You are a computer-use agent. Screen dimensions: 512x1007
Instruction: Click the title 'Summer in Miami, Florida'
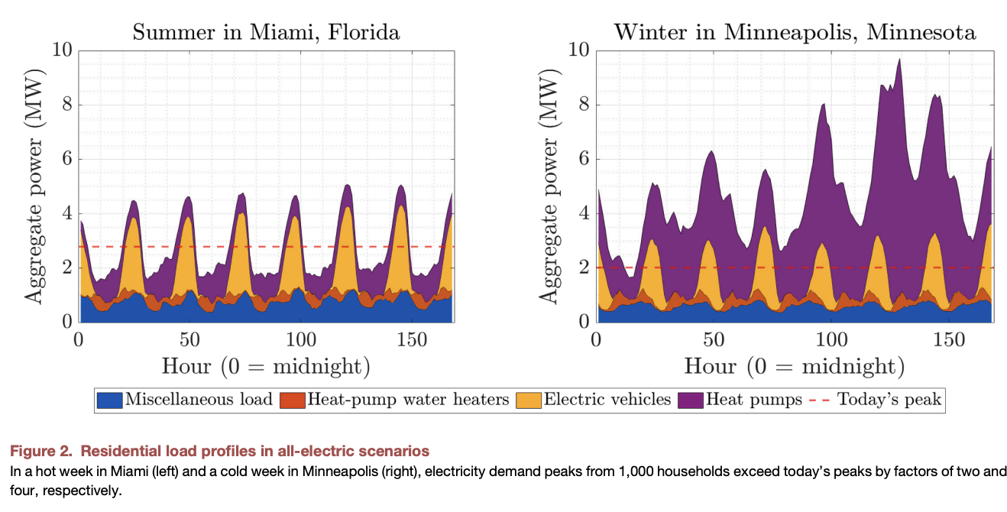(266, 32)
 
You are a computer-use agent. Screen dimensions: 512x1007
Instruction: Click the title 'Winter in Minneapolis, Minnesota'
(795, 32)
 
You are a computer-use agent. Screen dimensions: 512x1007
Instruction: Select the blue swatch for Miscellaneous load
(109, 400)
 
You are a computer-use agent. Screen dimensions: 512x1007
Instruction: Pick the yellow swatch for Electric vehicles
(528, 400)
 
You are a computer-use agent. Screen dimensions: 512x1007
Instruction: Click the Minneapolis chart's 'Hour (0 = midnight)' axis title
(795, 365)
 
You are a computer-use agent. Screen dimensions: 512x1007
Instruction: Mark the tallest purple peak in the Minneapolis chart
(899, 60)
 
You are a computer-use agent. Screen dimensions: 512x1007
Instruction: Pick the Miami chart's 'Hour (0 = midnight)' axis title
(266, 365)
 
